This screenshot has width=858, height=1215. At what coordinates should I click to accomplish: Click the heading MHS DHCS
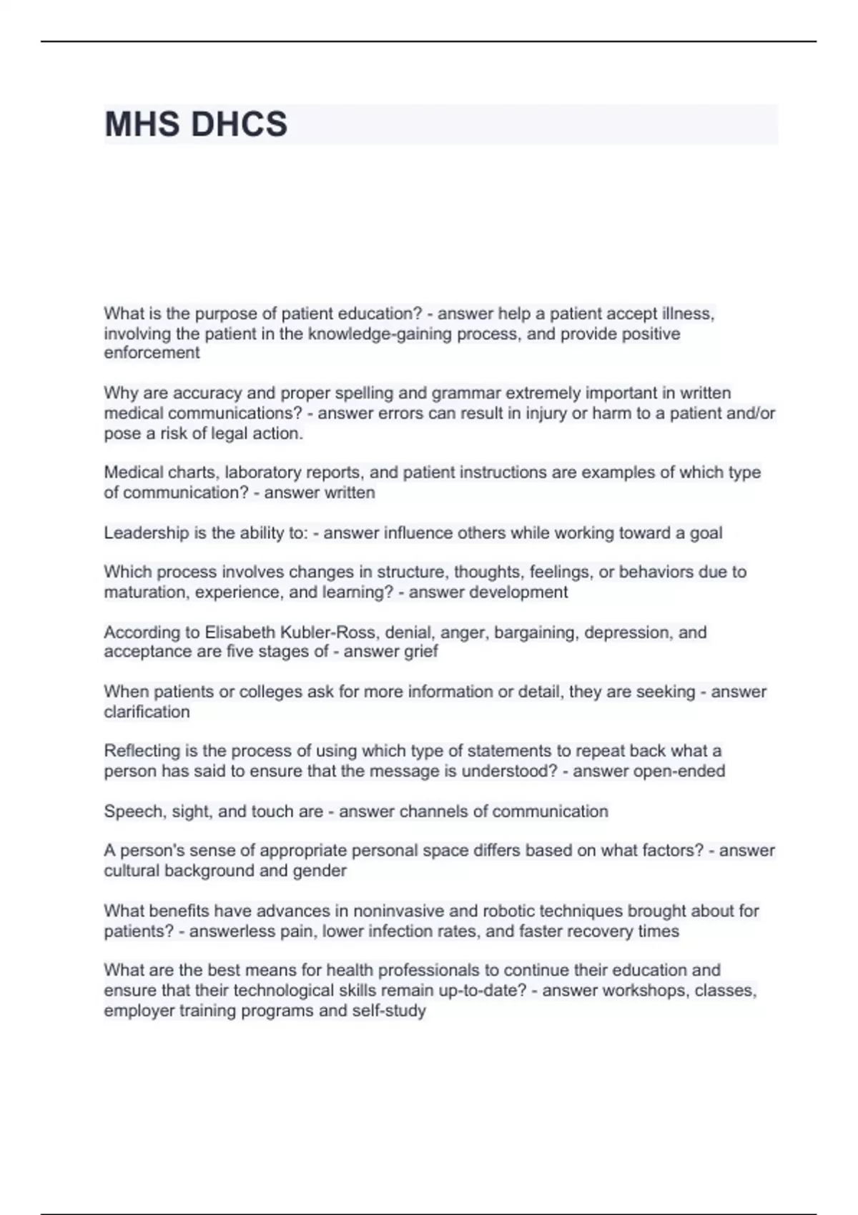[196, 124]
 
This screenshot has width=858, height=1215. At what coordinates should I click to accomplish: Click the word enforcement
[152, 353]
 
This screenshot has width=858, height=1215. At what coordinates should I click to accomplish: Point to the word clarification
[147, 712]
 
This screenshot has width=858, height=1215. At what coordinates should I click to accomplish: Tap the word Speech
[128, 812]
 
